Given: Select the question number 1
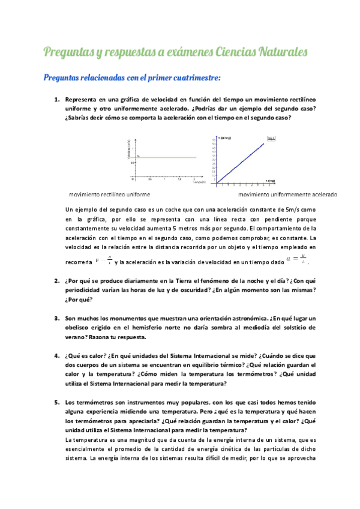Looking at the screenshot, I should coord(56,99).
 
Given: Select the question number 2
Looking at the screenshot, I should coord(56,281).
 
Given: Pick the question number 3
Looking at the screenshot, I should coord(56,318).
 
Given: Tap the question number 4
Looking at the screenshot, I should coord(56,355).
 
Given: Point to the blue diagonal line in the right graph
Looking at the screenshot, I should coord(240,163).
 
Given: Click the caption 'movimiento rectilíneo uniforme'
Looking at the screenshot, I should coord(109,194).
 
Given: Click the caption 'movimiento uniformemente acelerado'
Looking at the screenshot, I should coord(287,194).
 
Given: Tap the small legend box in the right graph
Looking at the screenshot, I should coord(271,139).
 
